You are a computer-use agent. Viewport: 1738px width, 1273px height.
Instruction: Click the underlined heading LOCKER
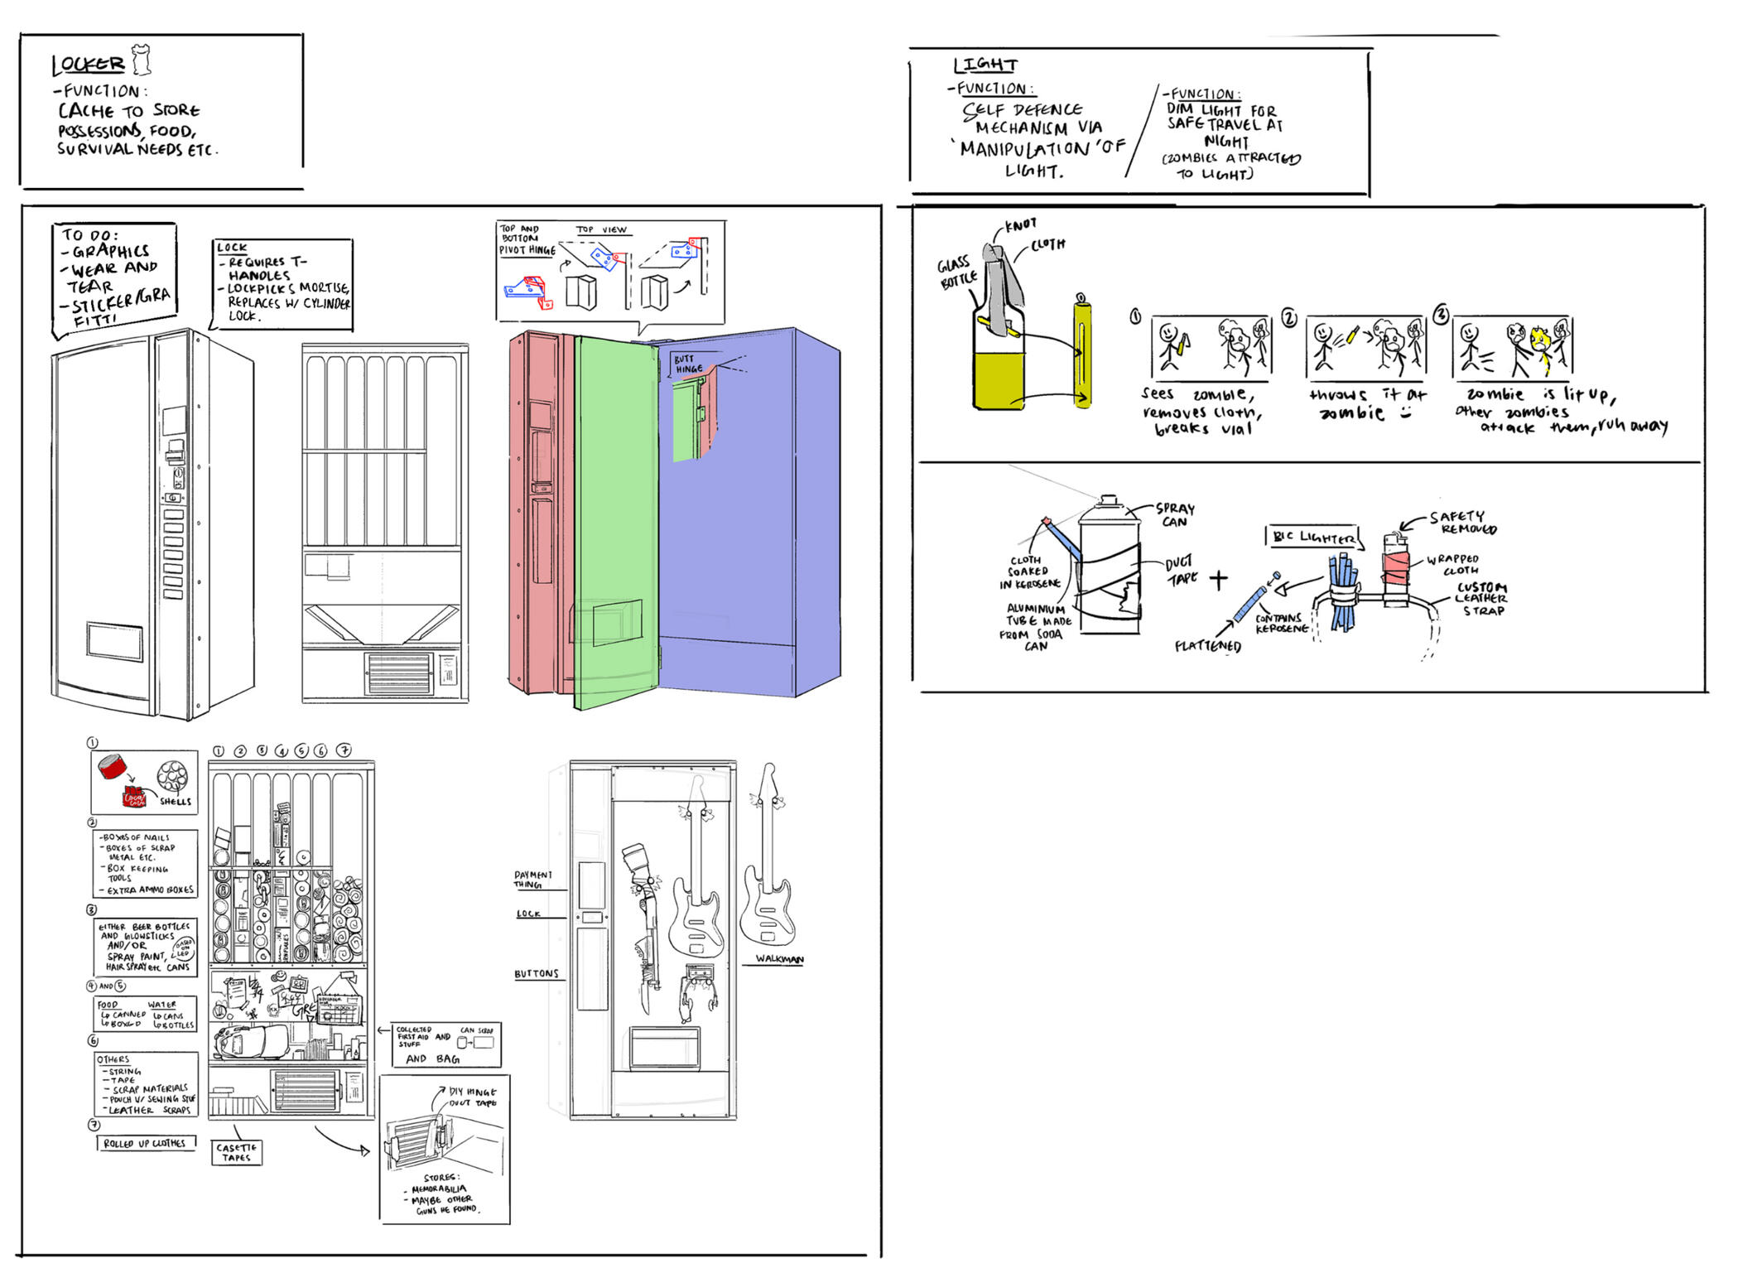(x=88, y=65)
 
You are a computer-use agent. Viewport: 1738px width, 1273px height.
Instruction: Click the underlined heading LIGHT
(x=985, y=65)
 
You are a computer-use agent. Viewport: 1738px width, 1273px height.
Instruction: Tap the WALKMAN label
(x=778, y=959)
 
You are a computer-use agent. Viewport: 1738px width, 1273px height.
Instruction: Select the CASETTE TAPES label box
(x=237, y=1152)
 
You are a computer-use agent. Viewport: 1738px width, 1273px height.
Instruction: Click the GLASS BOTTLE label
(x=956, y=273)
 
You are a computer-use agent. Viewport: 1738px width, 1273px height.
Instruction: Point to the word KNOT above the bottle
(x=1020, y=224)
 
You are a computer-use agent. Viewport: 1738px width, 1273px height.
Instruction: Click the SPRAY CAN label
(x=1175, y=514)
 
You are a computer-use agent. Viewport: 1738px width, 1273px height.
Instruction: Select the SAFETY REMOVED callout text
(x=1461, y=523)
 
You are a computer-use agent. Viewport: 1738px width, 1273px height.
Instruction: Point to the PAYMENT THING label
(x=532, y=879)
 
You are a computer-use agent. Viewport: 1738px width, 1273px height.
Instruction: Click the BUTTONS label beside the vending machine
(x=537, y=973)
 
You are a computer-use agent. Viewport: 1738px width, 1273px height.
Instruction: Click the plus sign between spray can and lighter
(x=1218, y=579)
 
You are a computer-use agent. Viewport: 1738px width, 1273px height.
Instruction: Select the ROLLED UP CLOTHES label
(x=145, y=1143)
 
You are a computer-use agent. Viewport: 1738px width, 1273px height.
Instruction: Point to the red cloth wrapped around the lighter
(x=1395, y=569)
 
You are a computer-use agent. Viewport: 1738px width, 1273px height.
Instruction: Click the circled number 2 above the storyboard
(x=1289, y=317)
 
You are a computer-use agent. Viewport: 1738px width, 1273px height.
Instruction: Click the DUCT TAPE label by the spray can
(x=1180, y=571)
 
